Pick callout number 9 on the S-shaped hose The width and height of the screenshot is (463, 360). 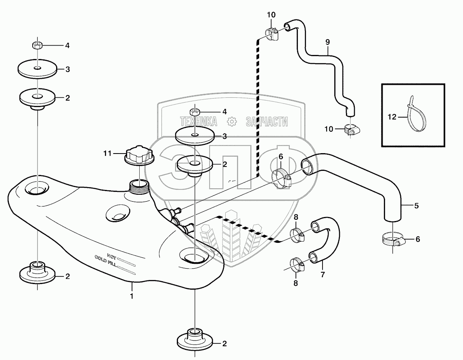point(327,42)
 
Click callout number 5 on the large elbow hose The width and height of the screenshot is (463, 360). point(416,206)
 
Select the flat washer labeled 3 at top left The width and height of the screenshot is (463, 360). point(37,69)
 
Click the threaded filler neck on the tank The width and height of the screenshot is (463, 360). point(139,186)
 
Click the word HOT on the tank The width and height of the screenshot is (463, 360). point(112,255)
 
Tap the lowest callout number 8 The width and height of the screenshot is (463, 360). point(295,283)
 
